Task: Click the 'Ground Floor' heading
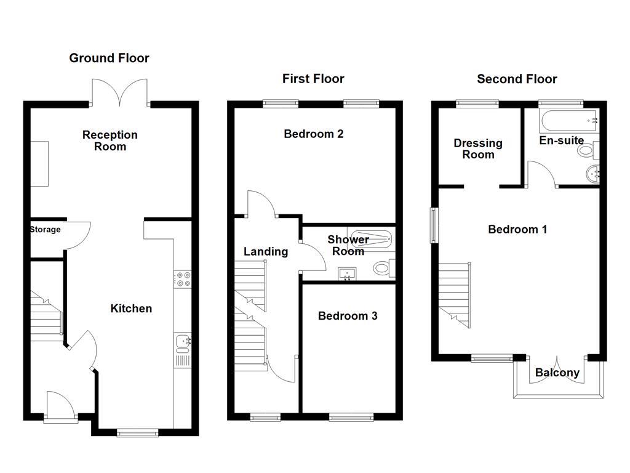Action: pyautogui.click(x=109, y=59)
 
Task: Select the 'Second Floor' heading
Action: pyautogui.click(x=517, y=79)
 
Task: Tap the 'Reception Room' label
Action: pyautogui.click(x=110, y=140)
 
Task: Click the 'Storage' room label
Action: pyautogui.click(x=46, y=230)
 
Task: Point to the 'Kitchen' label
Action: pyautogui.click(x=131, y=309)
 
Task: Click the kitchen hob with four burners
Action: pyautogui.click(x=183, y=279)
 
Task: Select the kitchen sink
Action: pyautogui.click(x=183, y=341)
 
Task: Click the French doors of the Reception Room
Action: pyautogui.click(x=120, y=93)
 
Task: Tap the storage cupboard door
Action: pyautogui.click(x=78, y=235)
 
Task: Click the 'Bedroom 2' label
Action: pyautogui.click(x=313, y=134)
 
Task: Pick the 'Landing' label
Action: pyautogui.click(x=266, y=251)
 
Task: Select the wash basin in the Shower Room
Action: pyautogui.click(x=349, y=273)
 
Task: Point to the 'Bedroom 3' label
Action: pyautogui.click(x=348, y=316)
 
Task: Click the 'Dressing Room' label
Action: pyautogui.click(x=478, y=149)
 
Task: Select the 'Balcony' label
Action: pyautogui.click(x=557, y=373)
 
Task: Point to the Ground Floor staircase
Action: pyautogui.click(x=47, y=314)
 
